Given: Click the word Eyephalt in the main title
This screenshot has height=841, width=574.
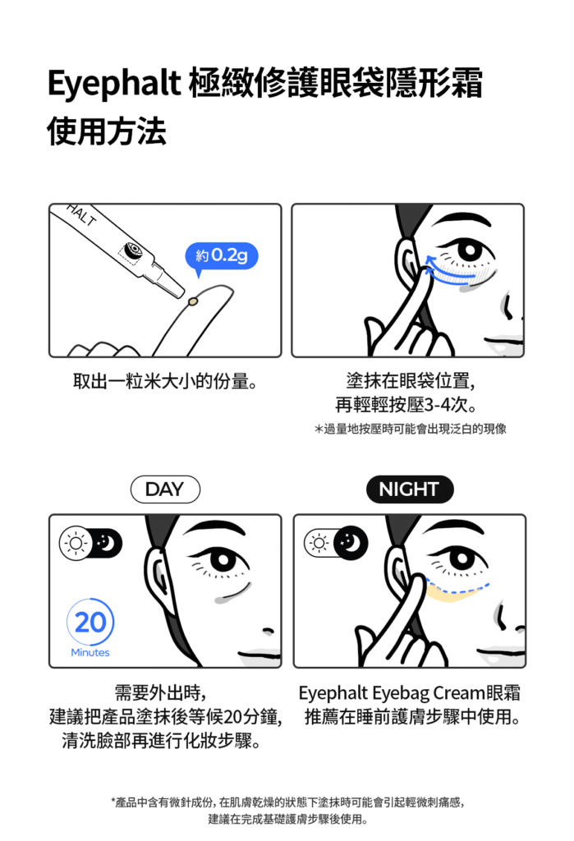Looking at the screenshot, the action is [x=114, y=85].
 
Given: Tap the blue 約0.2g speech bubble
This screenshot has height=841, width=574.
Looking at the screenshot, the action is [x=221, y=256].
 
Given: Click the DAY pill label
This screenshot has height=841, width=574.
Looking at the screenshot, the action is [x=165, y=489].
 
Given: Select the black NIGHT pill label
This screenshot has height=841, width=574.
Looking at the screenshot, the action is [x=409, y=489].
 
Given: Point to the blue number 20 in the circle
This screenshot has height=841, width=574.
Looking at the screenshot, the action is [x=90, y=623].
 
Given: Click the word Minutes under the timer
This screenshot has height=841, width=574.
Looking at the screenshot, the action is [x=90, y=652].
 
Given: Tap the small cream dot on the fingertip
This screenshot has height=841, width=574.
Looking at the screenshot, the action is [x=193, y=302].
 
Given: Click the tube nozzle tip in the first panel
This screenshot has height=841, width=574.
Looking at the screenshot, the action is [x=181, y=293].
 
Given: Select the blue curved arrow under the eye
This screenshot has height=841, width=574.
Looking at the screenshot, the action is [x=448, y=269].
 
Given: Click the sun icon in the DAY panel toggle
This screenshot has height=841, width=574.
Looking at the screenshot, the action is [x=76, y=544].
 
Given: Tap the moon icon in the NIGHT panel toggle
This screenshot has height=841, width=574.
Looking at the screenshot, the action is [x=351, y=543].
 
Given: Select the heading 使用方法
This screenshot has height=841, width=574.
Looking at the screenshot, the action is [x=107, y=131].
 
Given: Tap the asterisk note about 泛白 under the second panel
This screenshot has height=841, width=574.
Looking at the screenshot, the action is [x=411, y=429].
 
